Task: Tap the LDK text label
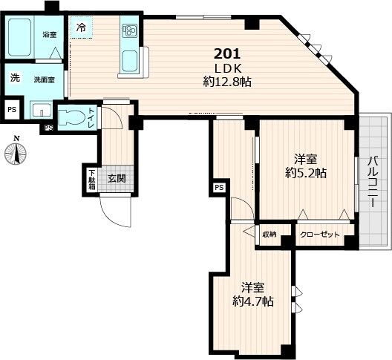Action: (228, 68)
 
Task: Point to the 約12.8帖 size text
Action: (228, 82)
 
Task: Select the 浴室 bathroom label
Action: (50, 35)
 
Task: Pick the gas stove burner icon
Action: (130, 30)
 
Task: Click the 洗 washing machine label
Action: (14, 78)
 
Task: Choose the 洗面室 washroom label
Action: (44, 79)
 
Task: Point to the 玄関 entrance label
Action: (117, 178)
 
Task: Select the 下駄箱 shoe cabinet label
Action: (91, 180)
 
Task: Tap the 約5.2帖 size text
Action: (305, 173)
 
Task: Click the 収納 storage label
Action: (269, 235)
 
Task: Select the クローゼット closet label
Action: (319, 235)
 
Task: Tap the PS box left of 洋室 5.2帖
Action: (219, 187)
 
